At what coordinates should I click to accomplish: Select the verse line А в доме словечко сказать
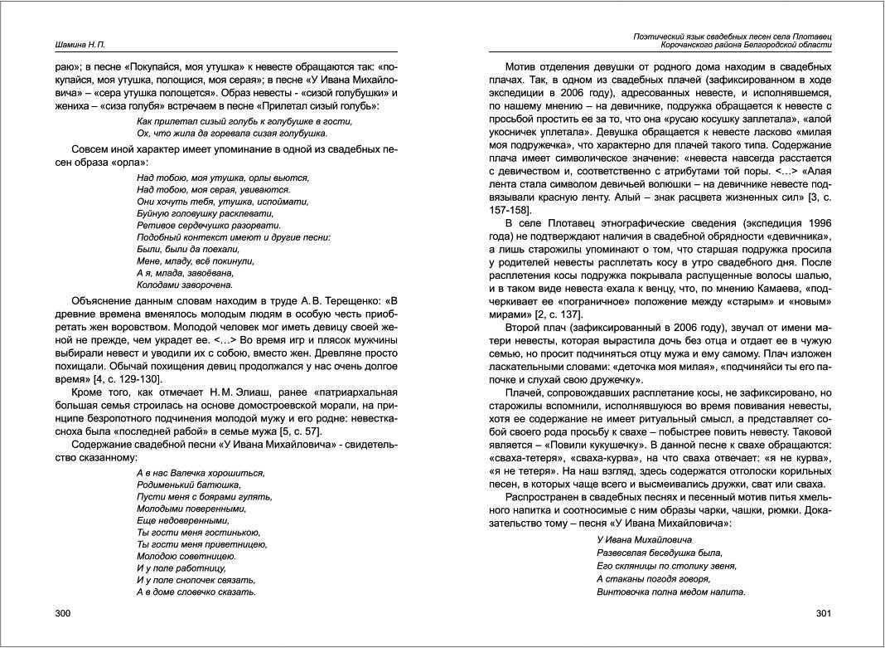tap(196, 592)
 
